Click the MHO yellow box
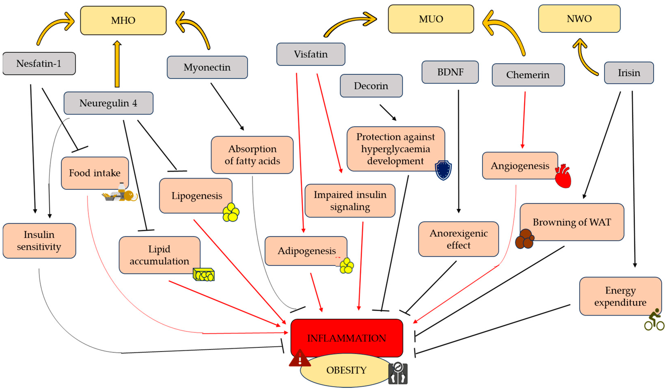point(123,20)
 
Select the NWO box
point(579,19)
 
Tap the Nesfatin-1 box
point(39,63)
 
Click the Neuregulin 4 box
point(108,103)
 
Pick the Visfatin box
point(311,54)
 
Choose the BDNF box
point(450,72)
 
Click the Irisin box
point(629,73)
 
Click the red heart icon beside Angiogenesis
point(563,176)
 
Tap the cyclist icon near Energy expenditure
point(654,320)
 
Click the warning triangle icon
point(300,359)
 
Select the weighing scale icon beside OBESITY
point(398,373)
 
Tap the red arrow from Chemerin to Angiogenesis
point(524,120)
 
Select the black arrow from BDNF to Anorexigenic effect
point(459,151)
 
